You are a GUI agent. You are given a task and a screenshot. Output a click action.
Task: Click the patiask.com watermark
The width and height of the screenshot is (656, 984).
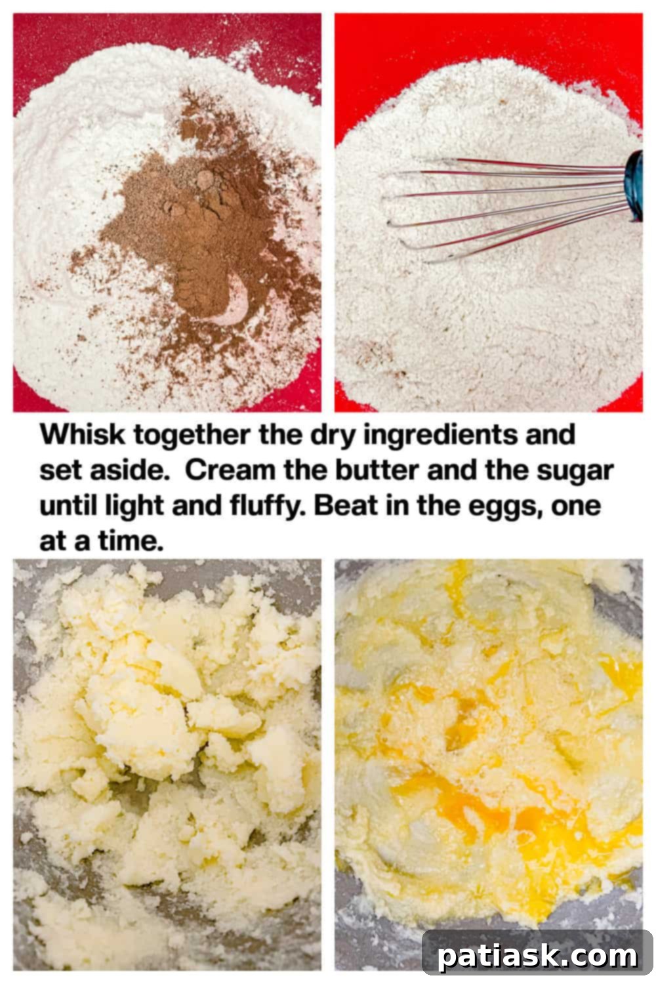click(x=537, y=956)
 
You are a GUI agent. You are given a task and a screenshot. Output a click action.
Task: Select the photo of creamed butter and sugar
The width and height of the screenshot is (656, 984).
click(x=167, y=764)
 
